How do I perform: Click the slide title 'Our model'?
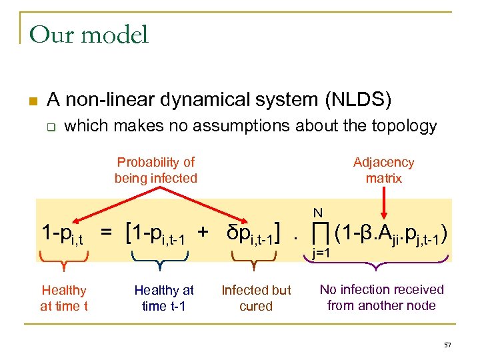point(89,35)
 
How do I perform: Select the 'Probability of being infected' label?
point(155,170)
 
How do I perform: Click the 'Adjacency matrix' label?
point(383,170)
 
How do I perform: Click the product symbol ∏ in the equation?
point(319,233)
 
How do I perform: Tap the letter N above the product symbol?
point(318,213)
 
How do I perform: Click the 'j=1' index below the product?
point(322,254)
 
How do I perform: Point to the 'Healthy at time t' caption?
point(64,298)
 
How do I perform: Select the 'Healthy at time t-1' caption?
point(164,298)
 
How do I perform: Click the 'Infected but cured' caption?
point(256,298)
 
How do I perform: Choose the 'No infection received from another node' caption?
point(381,297)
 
